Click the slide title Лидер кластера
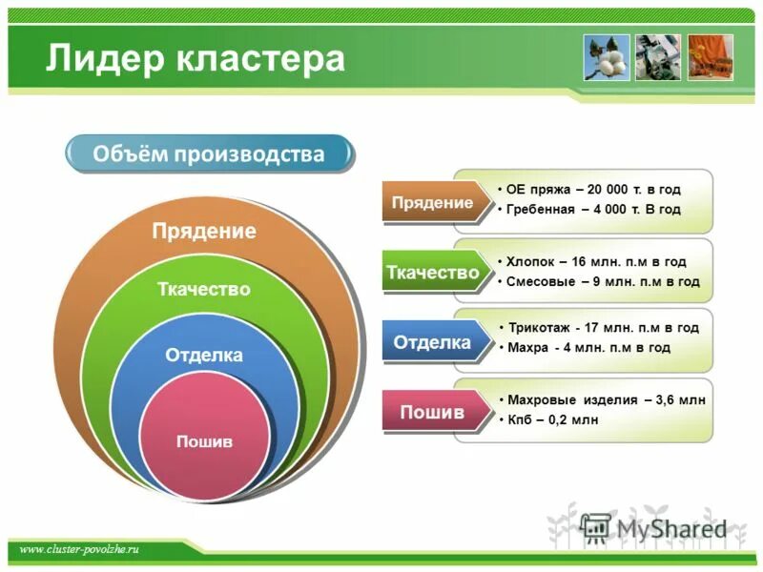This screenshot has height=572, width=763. pos(196,58)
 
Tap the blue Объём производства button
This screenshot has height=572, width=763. pos(209,154)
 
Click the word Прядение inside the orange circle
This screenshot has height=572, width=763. pos(205,232)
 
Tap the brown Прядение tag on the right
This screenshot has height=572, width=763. pos(432,203)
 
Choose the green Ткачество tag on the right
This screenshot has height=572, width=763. pos(432,273)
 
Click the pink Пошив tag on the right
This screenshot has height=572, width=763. pos(432,412)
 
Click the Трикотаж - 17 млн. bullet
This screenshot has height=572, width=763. pos(603,327)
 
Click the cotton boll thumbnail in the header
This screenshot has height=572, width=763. pos(608,57)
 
